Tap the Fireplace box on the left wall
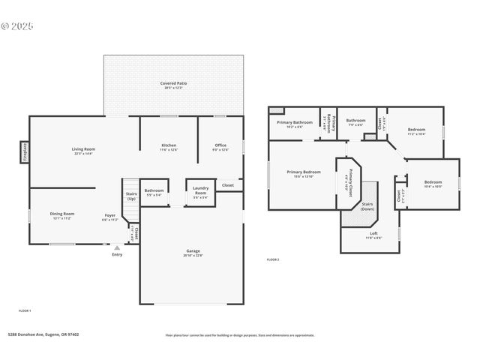pyautogui.click(x=25, y=151)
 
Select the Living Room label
pyautogui.click(x=83, y=150)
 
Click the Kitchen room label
pyautogui.click(x=169, y=146)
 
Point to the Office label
pyautogui.click(x=220, y=146)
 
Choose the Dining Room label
pyautogui.click(x=62, y=215)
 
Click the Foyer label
pyautogui.click(x=109, y=217)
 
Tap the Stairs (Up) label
pyautogui.click(x=131, y=196)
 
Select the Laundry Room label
pyautogui.click(x=200, y=190)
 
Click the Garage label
pyautogui.click(x=193, y=252)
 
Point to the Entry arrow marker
pyautogui.click(x=117, y=247)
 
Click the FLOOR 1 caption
pyautogui.click(x=25, y=310)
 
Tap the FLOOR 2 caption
pyautogui.click(x=273, y=259)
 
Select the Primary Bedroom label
pyautogui.click(x=304, y=173)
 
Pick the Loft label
pyautogui.click(x=373, y=235)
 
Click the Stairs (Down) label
pyautogui.click(x=367, y=206)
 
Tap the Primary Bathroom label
pyautogui.click(x=294, y=124)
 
